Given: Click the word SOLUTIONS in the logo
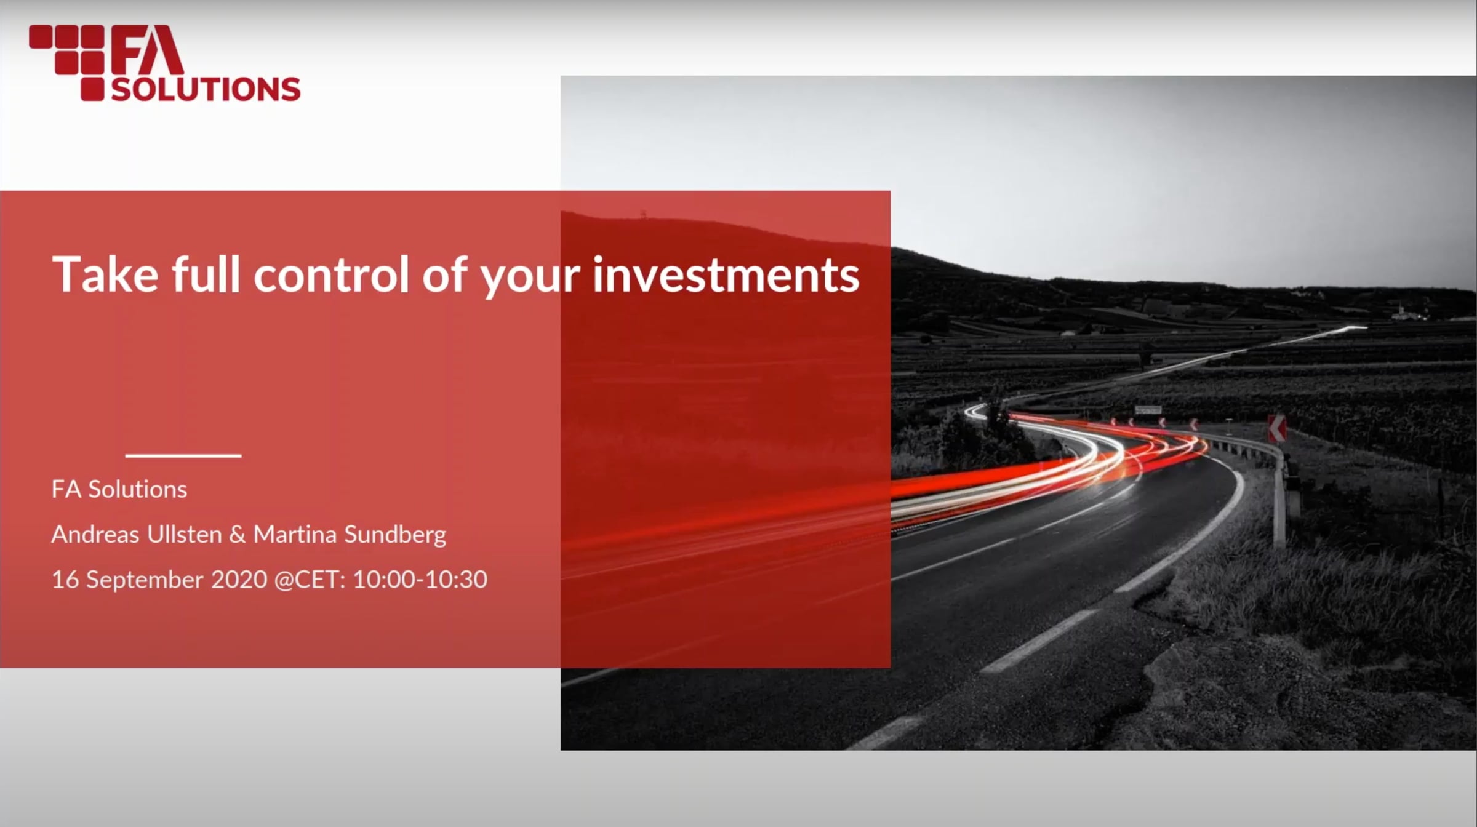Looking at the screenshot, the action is (206, 89).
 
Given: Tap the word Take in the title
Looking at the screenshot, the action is (105, 274).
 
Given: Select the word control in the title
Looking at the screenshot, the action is (331, 274).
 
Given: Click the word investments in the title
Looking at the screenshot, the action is (726, 274).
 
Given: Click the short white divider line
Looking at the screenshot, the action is (183, 456).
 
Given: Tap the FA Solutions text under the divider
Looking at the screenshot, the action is (119, 489).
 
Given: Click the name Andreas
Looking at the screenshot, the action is (95, 534).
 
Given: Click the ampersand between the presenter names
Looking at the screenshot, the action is (237, 535).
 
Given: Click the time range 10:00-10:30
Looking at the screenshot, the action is (420, 580).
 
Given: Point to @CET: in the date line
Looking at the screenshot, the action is (310, 580).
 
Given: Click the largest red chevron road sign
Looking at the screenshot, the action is (1276, 428).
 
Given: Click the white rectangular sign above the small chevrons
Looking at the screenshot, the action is (1148, 410).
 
